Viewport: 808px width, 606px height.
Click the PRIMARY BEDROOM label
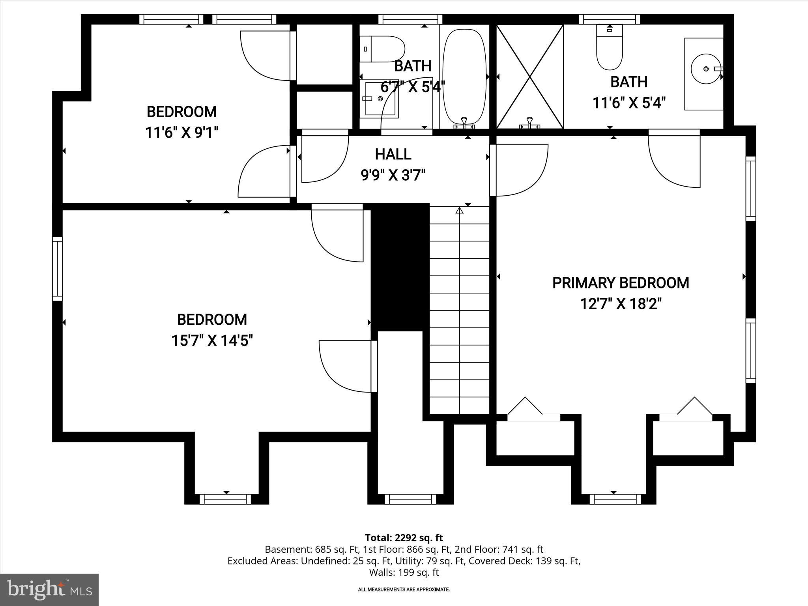coord(620,283)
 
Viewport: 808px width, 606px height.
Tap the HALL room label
coord(393,154)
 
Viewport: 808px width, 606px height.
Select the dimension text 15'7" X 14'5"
coord(212,340)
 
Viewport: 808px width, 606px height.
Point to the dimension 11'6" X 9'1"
coord(181,133)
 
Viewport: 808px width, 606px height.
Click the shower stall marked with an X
coord(529,76)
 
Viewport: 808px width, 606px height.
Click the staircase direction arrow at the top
coord(459,211)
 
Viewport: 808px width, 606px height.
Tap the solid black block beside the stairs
coord(400,267)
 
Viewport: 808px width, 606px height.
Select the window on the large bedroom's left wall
coord(58,269)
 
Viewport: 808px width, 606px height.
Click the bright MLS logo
coord(49,590)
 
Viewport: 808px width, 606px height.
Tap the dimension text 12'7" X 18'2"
coord(620,304)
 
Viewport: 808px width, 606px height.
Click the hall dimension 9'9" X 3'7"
coord(393,175)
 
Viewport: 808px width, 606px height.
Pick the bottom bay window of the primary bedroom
coord(615,499)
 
